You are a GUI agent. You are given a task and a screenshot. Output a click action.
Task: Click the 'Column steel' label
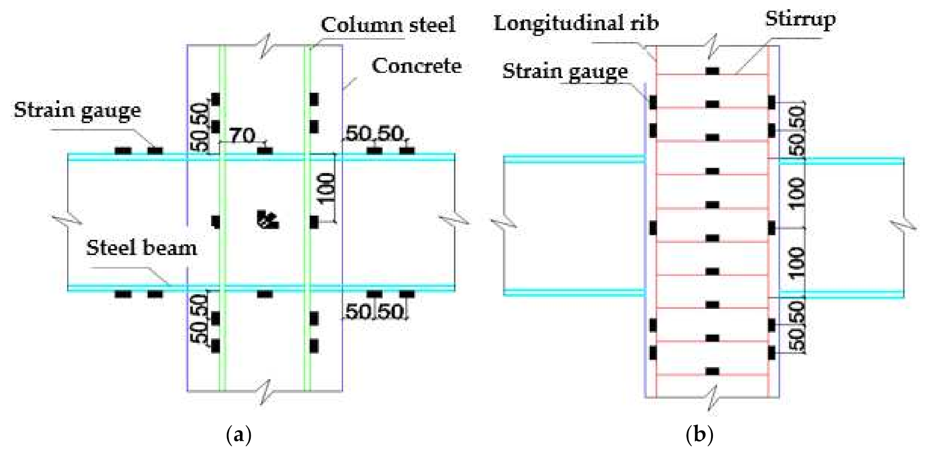(388, 25)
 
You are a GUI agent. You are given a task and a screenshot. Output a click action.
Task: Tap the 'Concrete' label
(416, 66)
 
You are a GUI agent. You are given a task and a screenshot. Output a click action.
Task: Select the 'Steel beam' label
(141, 248)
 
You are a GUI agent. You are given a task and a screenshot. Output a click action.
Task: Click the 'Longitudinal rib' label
(576, 23)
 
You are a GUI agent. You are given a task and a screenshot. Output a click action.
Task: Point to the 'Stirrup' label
(800, 19)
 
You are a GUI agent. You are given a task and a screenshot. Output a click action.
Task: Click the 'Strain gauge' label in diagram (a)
(77, 110)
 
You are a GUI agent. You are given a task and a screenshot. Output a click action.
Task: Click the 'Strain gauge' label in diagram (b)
(565, 71)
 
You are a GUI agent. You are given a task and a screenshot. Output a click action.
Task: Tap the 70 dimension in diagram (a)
(243, 136)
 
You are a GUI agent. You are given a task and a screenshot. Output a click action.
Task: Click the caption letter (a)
(239, 435)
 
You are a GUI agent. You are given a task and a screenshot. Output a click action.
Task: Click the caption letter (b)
(699, 435)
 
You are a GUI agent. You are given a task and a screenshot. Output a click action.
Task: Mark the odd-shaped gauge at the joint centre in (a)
(268, 219)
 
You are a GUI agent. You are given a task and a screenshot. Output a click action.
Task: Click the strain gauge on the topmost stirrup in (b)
(712, 71)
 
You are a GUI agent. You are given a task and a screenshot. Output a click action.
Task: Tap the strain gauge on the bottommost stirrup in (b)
(712, 371)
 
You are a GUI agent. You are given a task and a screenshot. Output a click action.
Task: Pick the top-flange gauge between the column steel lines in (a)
(265, 151)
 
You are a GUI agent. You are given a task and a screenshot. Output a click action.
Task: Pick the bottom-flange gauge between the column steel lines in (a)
(265, 294)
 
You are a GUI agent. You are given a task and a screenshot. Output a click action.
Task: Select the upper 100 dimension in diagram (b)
(796, 193)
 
